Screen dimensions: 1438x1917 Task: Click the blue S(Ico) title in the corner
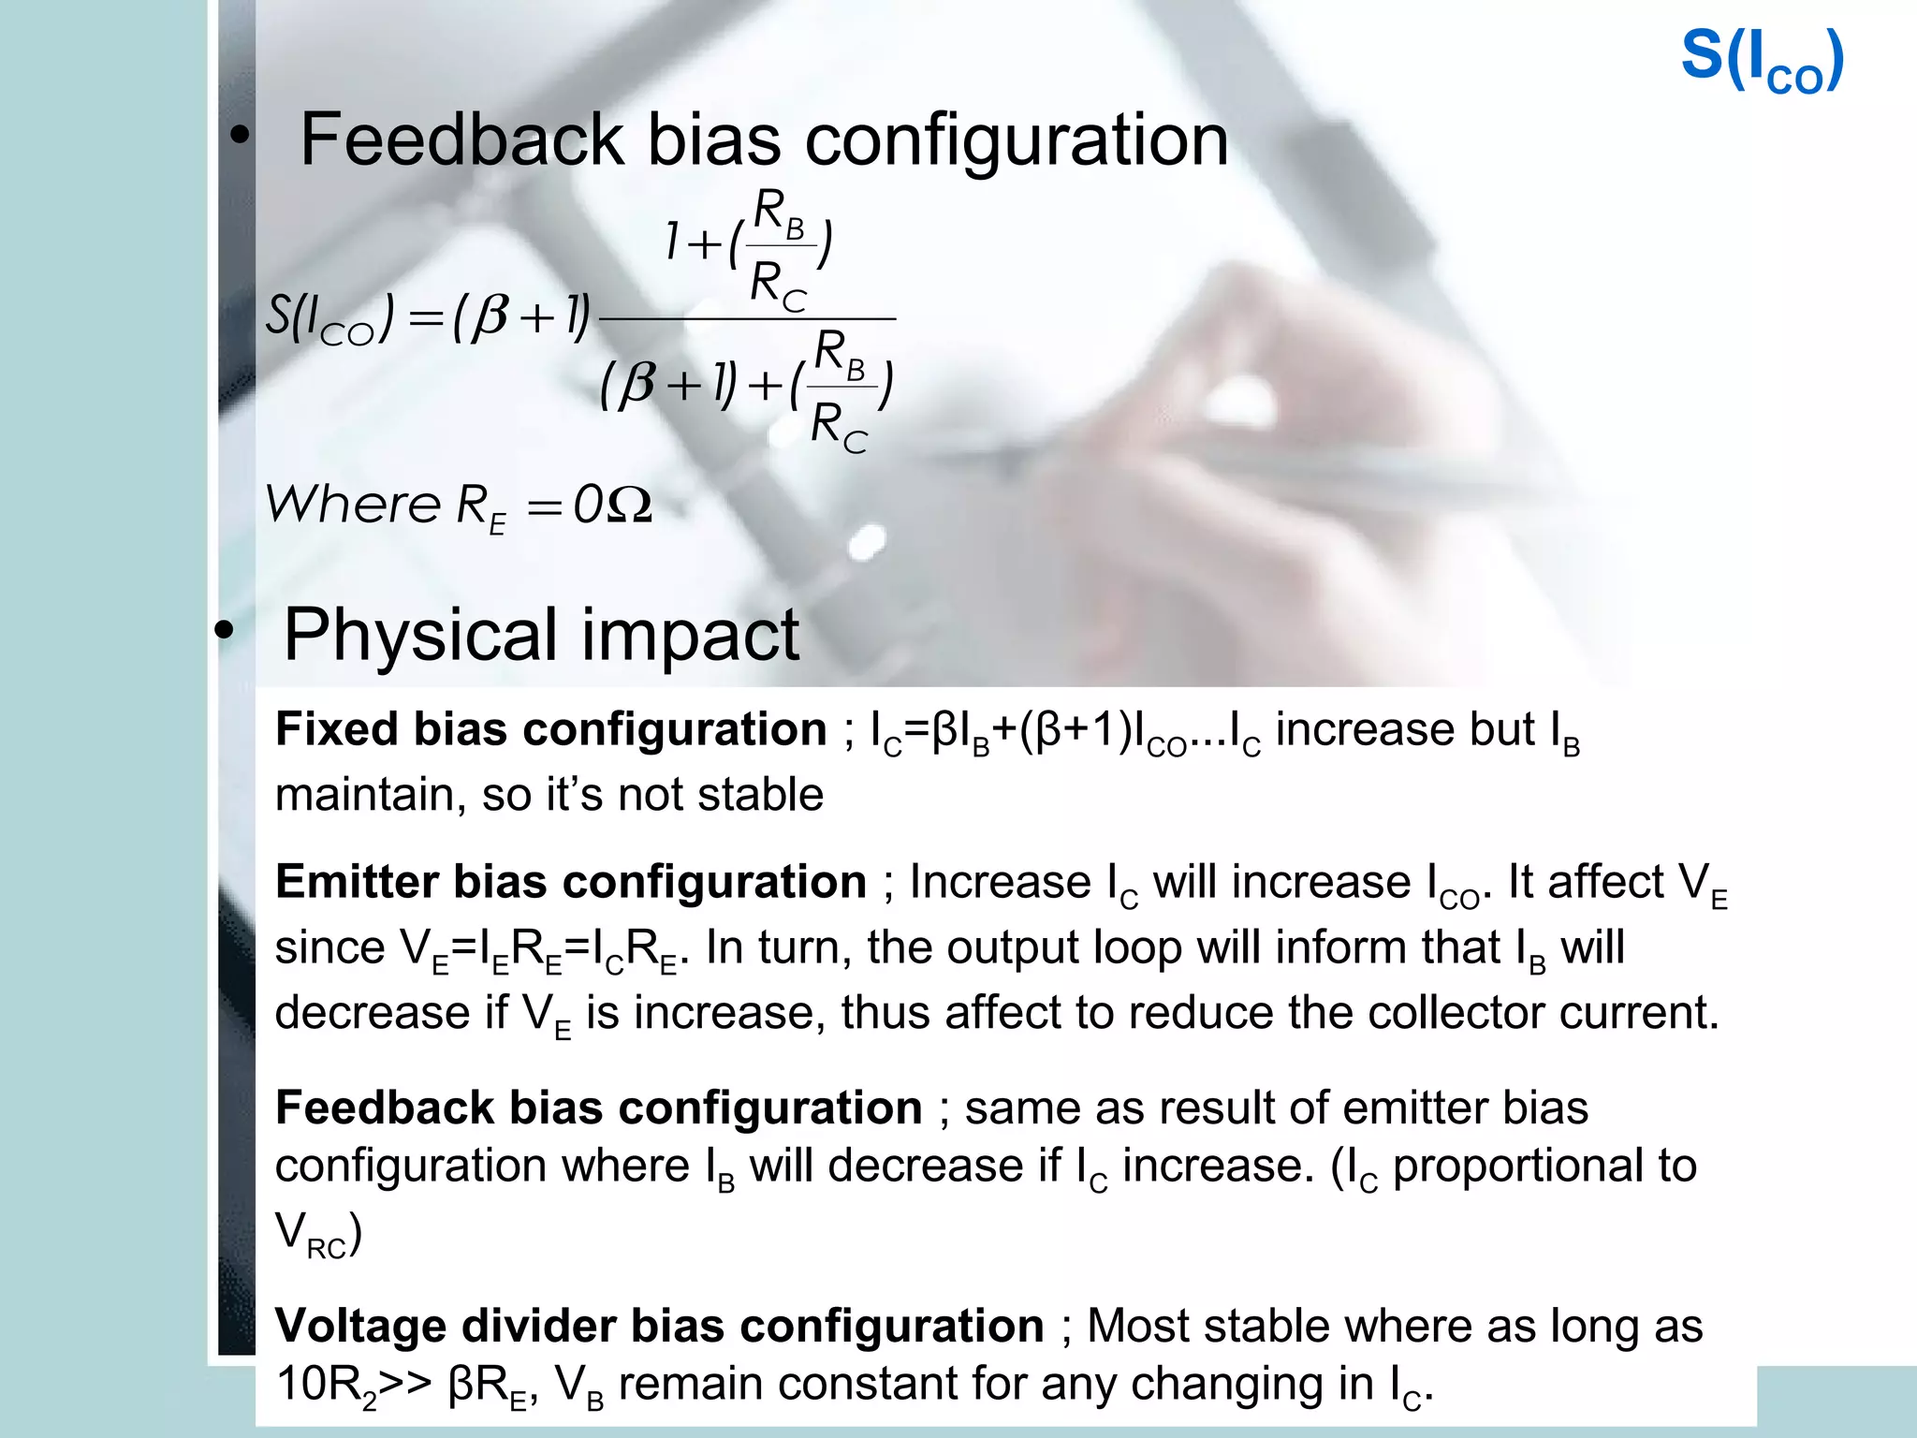1762,62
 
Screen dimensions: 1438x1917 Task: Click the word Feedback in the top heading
461,140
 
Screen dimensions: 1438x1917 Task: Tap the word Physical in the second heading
422,635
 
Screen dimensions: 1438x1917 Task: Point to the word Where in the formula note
352,506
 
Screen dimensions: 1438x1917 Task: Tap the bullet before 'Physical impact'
223,632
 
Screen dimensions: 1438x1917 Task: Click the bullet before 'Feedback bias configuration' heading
240,137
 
